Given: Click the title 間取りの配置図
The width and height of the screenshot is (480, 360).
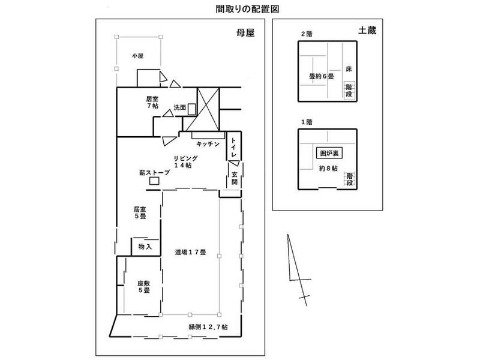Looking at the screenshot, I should click(x=240, y=10).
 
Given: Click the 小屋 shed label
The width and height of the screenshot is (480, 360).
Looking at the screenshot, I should click(x=138, y=56).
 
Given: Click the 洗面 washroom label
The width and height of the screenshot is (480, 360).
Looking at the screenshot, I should click(x=179, y=107).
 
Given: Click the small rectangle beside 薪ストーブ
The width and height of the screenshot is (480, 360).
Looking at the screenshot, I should click(x=154, y=181).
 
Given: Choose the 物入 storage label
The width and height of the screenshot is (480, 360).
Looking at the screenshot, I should click(x=145, y=247).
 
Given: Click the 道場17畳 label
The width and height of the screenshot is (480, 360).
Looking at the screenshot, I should click(x=190, y=253).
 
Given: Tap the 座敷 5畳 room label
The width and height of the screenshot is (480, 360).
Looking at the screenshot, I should click(x=143, y=287).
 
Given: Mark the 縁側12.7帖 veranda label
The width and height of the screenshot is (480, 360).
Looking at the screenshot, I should click(x=212, y=326).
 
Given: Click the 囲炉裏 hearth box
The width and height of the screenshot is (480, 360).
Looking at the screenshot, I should click(x=327, y=153).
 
